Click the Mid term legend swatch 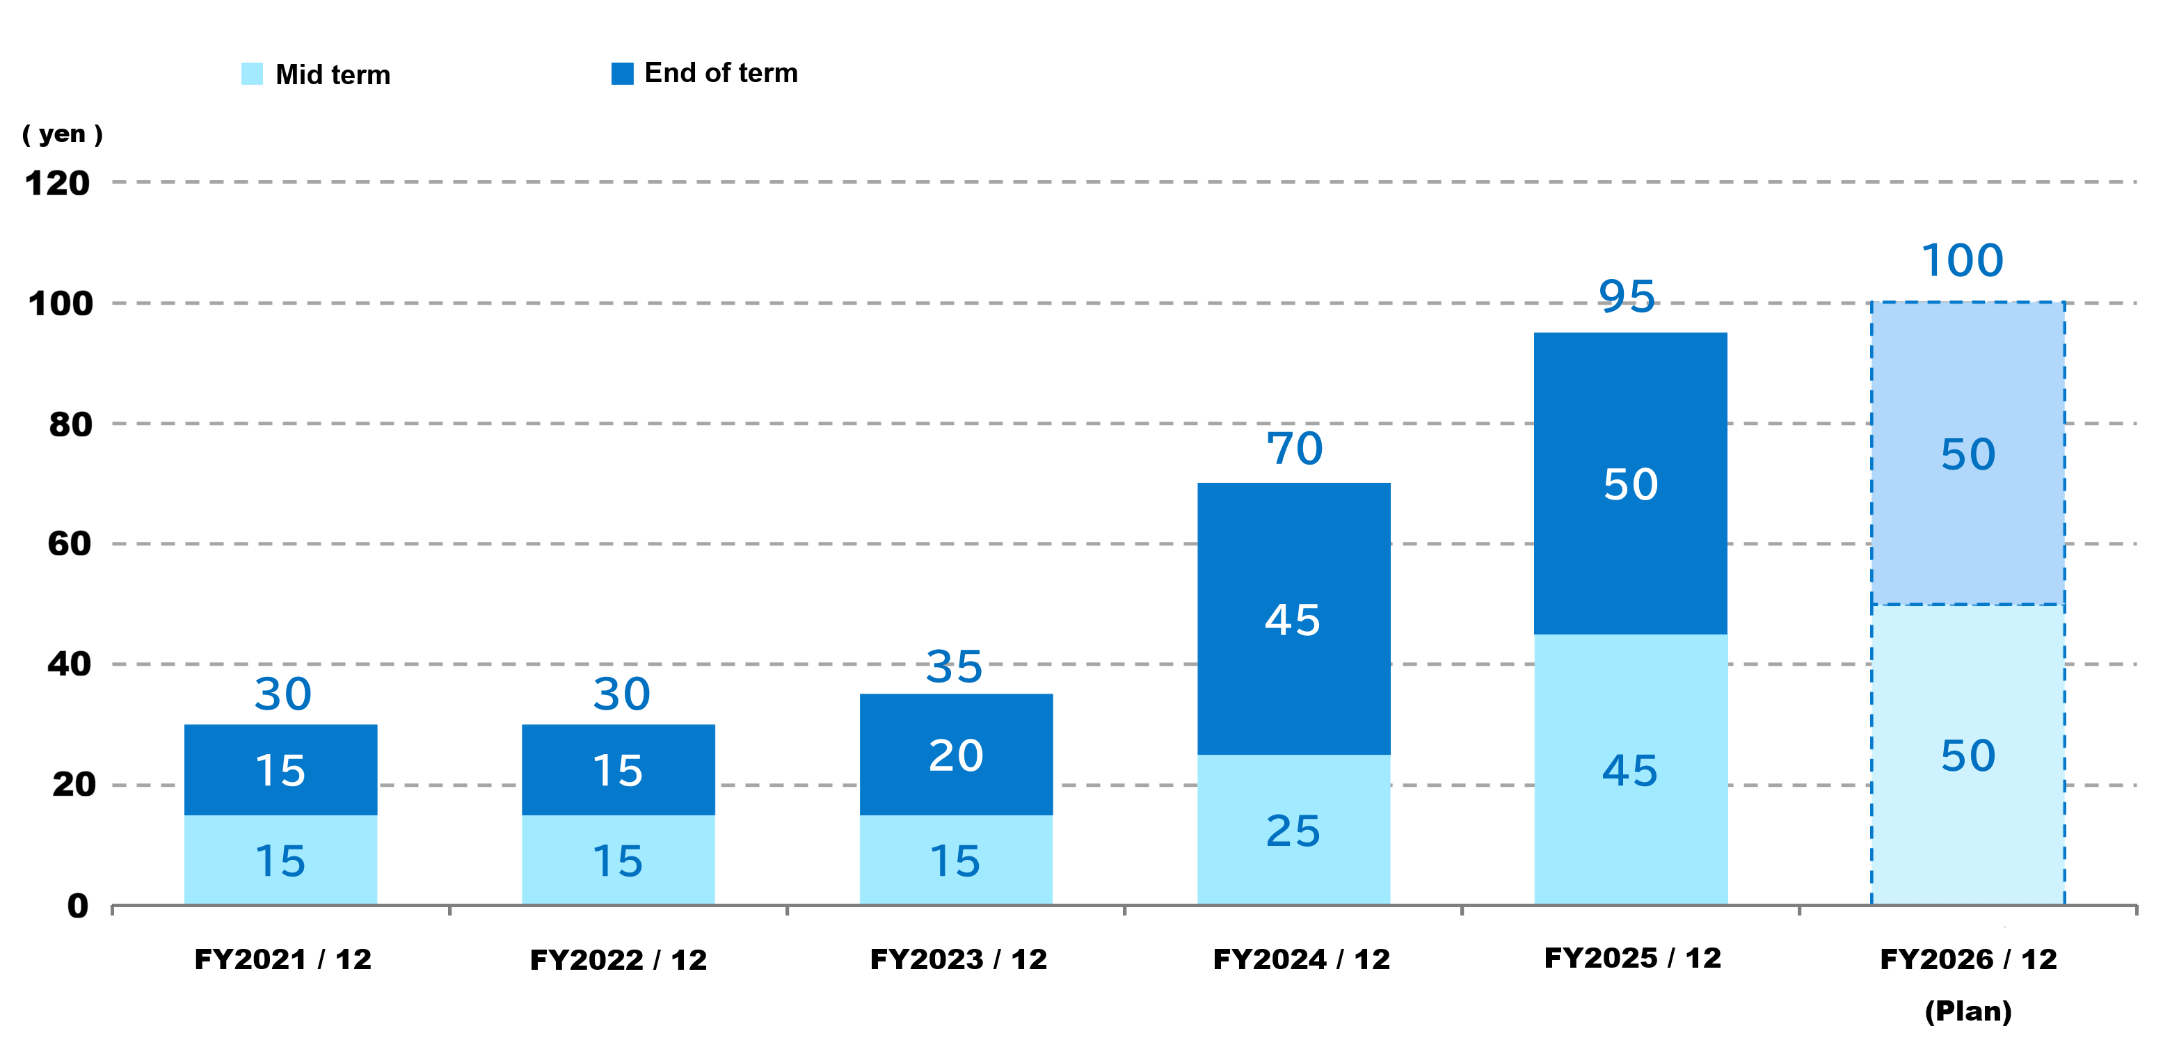(x=252, y=74)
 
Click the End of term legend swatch (x=623, y=74)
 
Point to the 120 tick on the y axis (x=58, y=184)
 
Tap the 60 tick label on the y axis (x=70, y=544)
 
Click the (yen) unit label (x=63, y=134)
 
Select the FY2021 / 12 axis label (x=282, y=959)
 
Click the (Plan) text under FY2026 (x=1968, y=1011)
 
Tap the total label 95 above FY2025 (x=1627, y=297)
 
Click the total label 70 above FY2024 (x=1294, y=448)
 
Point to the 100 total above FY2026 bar (x=1963, y=259)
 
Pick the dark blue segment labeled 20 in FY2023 (x=956, y=754)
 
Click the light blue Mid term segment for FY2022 (x=618, y=859)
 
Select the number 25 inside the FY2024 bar (x=1293, y=831)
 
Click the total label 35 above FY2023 (x=954, y=666)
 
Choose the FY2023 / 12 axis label (x=959, y=959)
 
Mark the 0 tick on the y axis (x=78, y=906)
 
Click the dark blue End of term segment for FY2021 (x=281, y=769)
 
